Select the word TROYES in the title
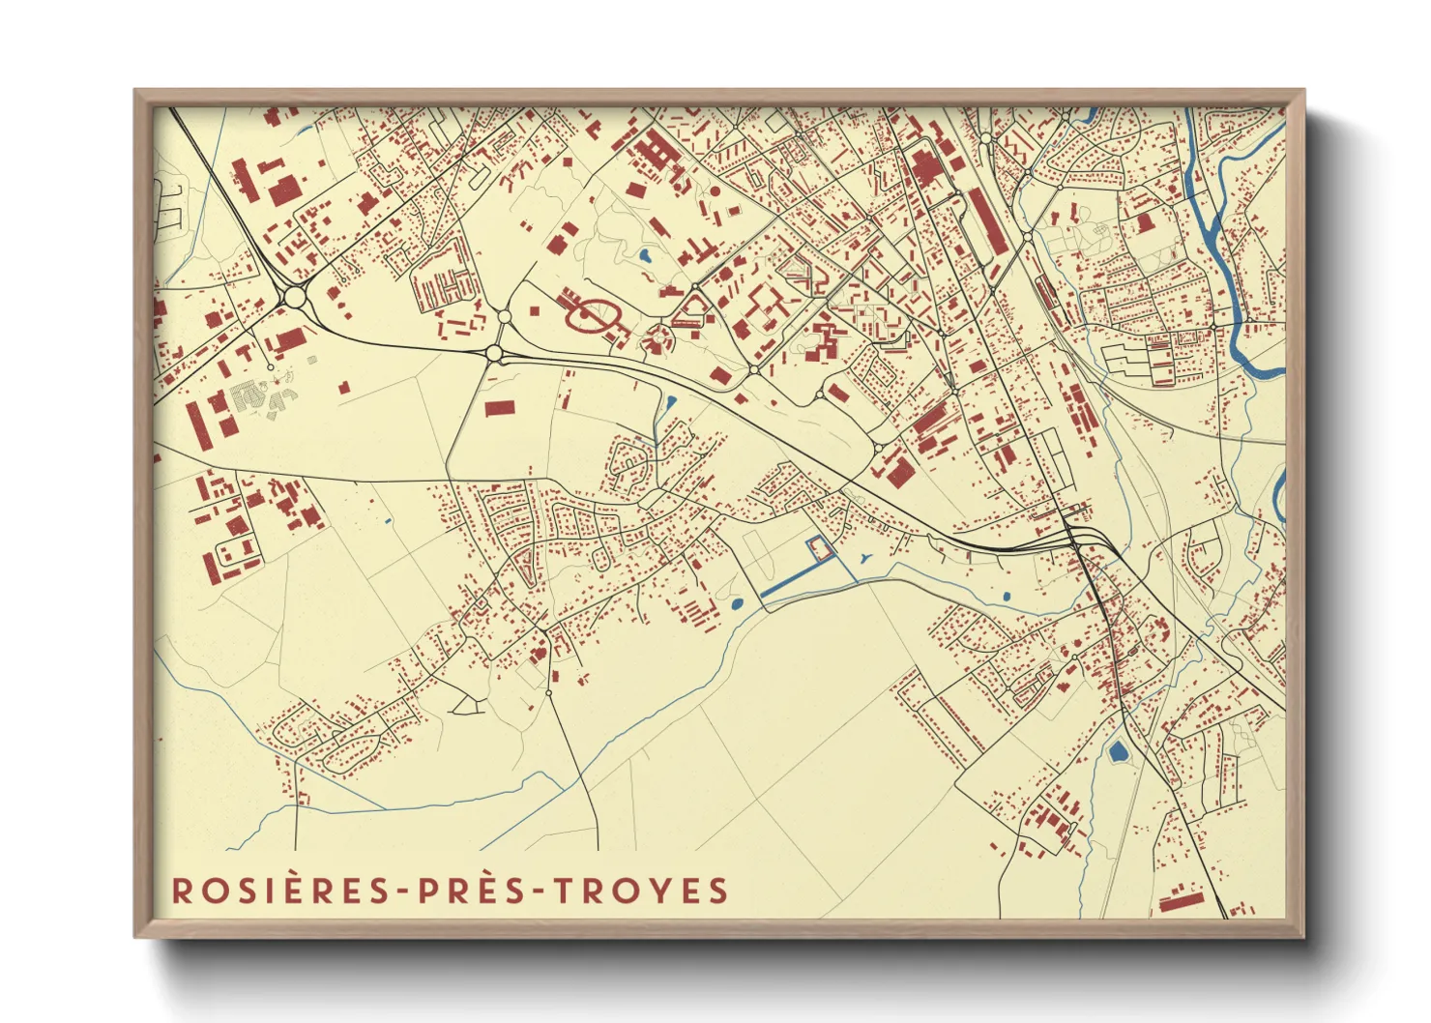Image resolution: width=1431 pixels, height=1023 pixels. point(642,891)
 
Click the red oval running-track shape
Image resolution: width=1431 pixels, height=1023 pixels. point(591,315)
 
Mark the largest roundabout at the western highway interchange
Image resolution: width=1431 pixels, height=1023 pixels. point(294,298)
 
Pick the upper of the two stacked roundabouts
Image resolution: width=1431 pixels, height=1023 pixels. point(504,316)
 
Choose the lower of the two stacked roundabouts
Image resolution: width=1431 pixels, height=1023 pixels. point(494,354)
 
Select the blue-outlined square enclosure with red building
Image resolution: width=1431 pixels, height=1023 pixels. point(819,548)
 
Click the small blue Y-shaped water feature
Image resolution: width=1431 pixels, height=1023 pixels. point(863,558)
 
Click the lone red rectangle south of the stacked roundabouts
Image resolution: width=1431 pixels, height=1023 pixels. point(499,408)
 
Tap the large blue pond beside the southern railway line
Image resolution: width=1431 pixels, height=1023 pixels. point(1119,751)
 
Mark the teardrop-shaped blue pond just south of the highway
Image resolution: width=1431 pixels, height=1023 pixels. point(671,401)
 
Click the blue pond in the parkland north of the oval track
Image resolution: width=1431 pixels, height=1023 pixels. point(644,257)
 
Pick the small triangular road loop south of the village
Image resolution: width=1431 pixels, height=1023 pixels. point(466,707)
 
